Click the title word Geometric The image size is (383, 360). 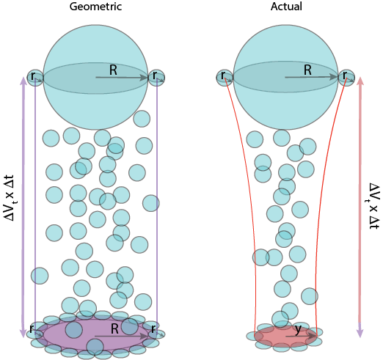[95, 7]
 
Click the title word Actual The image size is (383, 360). [286, 6]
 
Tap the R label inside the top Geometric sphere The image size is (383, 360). [113, 70]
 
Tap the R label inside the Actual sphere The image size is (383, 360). [307, 70]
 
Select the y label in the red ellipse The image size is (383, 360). [298, 330]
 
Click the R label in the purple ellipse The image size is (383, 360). [114, 329]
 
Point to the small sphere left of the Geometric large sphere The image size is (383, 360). [35, 78]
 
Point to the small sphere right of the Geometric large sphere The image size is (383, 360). [156, 78]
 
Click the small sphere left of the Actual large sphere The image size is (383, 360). [225, 78]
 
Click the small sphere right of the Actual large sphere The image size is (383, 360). [346, 78]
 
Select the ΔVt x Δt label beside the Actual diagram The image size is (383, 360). [373, 206]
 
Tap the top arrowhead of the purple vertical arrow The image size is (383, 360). [23, 81]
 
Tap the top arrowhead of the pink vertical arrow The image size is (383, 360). [360, 81]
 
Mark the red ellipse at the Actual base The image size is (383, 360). [285, 337]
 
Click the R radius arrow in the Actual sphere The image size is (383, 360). [311, 77]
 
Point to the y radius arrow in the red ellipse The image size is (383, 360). [301, 337]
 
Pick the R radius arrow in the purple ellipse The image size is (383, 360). [122, 337]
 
